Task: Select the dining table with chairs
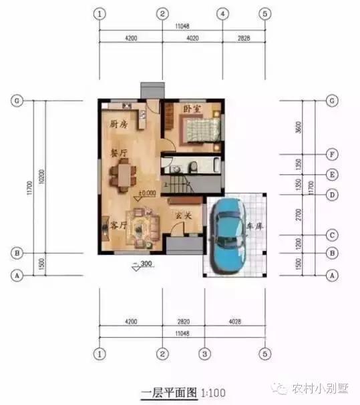[x=123, y=177]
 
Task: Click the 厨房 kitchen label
[x=120, y=124]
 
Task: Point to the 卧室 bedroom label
[x=192, y=107]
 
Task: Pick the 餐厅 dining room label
[x=120, y=153]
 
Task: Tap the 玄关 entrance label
[x=184, y=215]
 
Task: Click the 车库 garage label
[x=254, y=226]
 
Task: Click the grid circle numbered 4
[x=222, y=14]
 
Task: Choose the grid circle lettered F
[x=331, y=153]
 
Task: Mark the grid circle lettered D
[x=331, y=195]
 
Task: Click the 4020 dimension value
[x=192, y=38]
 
